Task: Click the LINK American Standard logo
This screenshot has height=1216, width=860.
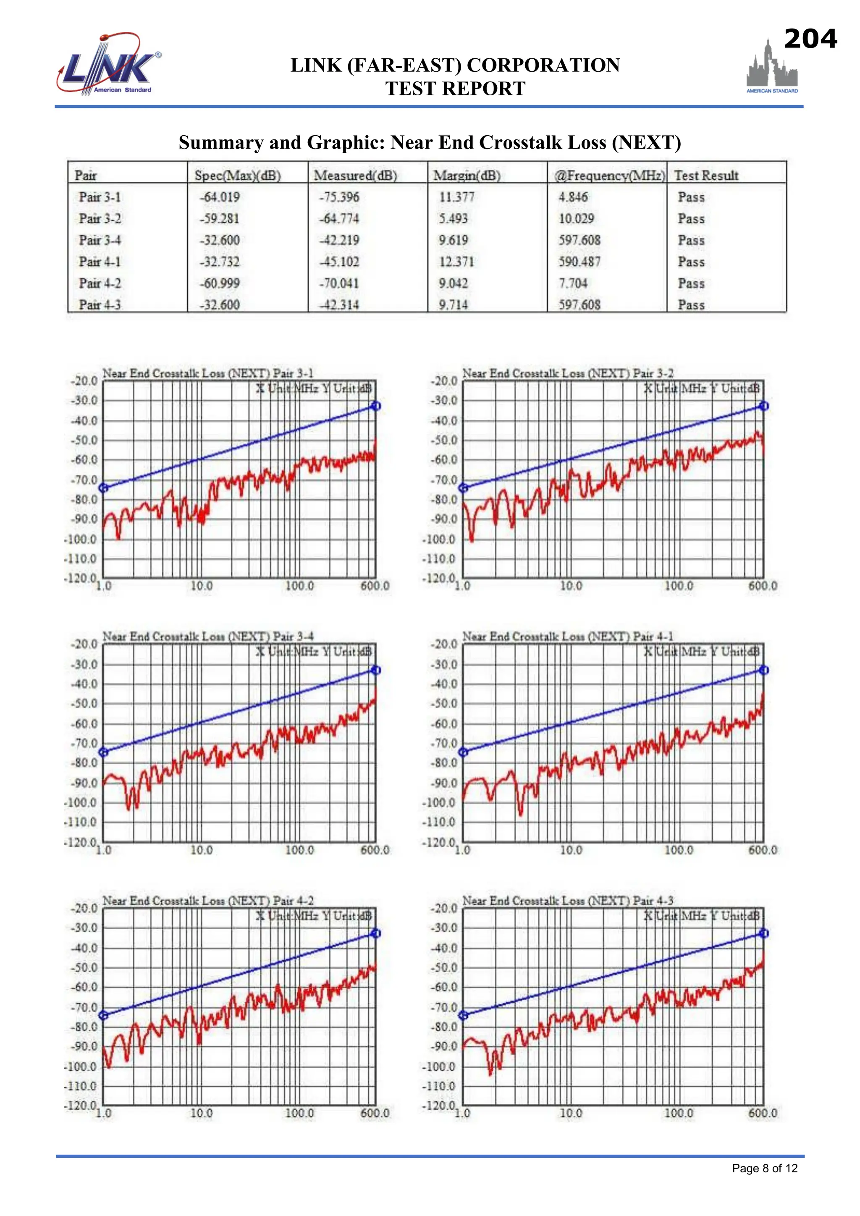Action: pyautogui.click(x=109, y=65)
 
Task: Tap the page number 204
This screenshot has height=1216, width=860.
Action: pyautogui.click(x=810, y=39)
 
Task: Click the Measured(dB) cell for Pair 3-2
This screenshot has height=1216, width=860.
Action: pyautogui.click(x=339, y=219)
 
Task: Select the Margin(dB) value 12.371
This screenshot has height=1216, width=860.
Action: pyautogui.click(x=456, y=262)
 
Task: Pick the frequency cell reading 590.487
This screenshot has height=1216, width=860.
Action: pyautogui.click(x=579, y=262)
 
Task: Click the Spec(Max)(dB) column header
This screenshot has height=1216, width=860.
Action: pyautogui.click(x=237, y=175)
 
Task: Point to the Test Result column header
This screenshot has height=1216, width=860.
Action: pyautogui.click(x=706, y=175)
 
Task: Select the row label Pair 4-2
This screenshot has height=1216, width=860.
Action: pyautogui.click(x=100, y=283)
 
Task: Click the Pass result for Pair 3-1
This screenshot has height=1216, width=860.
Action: pyautogui.click(x=691, y=197)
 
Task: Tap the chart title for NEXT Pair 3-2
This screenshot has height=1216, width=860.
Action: pyautogui.click(x=568, y=373)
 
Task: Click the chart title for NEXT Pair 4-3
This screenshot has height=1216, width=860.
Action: pyautogui.click(x=568, y=901)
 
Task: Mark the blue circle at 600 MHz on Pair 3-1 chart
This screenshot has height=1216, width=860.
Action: pyautogui.click(x=375, y=406)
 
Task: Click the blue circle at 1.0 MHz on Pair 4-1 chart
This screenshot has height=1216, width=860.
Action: pyautogui.click(x=463, y=752)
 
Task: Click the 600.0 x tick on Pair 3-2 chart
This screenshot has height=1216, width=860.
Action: pyautogui.click(x=763, y=586)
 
